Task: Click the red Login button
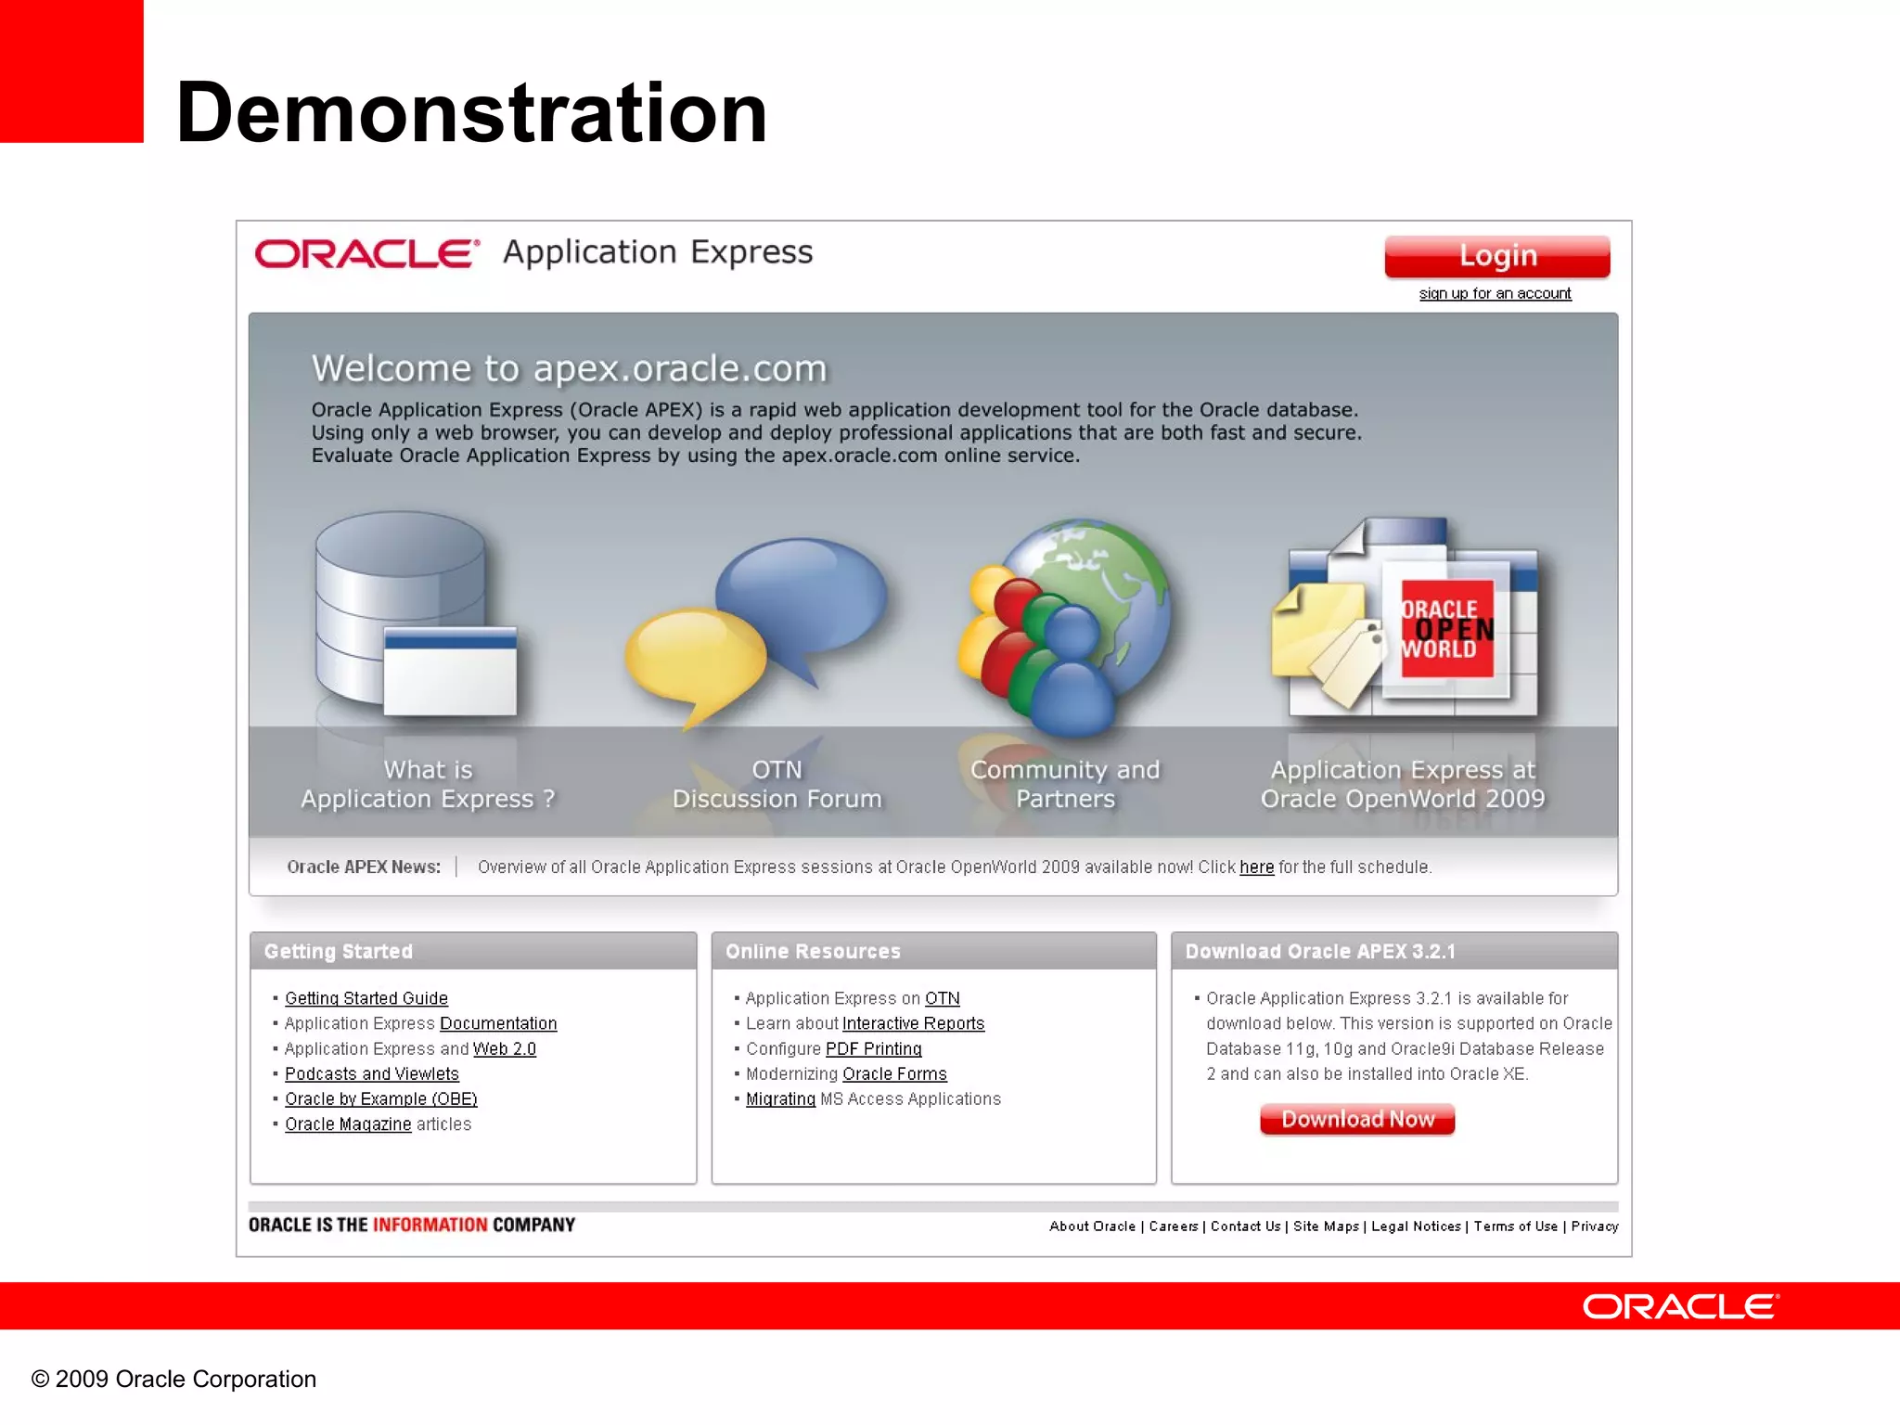tap(1496, 256)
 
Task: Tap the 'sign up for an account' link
tap(1495, 293)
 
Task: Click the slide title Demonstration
tap(471, 112)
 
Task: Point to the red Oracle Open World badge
tap(1446, 629)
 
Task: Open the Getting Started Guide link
tap(366, 998)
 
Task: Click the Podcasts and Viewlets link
tap(371, 1073)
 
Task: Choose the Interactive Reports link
tap(913, 1023)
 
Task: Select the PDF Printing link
tap(873, 1048)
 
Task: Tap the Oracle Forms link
tap(894, 1073)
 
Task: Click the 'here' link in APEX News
tap(1256, 867)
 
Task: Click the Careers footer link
tap(1174, 1226)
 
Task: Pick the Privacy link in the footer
tap(1594, 1226)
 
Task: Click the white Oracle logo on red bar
tap(1680, 1306)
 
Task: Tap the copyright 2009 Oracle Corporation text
tap(173, 1379)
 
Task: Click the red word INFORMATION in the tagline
tap(430, 1225)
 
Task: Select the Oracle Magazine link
tap(348, 1123)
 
